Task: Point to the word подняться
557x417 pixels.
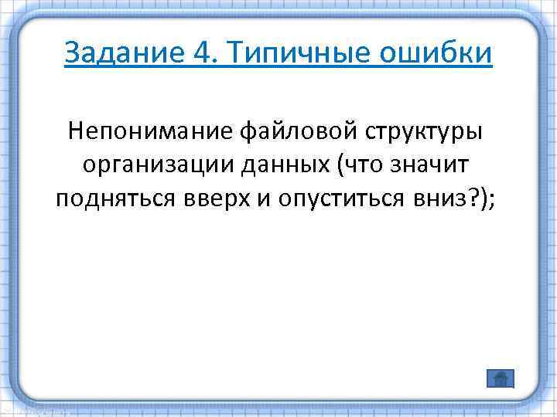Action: tap(113, 198)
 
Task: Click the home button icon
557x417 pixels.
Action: tap(501, 378)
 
